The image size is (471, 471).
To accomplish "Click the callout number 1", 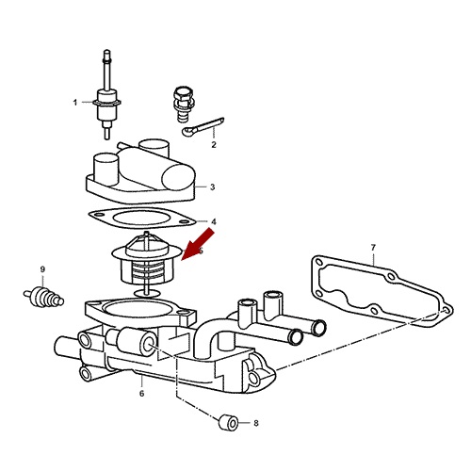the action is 75,103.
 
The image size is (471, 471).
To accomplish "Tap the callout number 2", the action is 214,145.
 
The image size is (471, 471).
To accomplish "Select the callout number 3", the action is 213,187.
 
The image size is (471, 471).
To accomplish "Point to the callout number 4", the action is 214,221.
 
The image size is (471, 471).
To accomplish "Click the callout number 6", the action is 142,393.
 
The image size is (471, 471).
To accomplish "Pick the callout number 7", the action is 373,248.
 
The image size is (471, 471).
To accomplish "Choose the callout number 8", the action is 256,423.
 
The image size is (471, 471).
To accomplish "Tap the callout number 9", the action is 42,269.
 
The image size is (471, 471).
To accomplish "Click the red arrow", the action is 198,245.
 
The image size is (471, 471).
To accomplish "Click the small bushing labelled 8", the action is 228,423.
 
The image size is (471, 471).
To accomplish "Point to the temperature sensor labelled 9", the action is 43,297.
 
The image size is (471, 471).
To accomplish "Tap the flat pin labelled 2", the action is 203,126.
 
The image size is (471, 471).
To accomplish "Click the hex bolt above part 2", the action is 183,105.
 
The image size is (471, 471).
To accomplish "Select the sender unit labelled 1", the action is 107,94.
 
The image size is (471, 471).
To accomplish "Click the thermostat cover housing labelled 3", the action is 140,172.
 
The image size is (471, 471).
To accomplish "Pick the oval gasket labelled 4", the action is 142,218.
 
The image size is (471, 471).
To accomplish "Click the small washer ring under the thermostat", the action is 147,294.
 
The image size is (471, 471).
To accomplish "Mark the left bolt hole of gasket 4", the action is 99,215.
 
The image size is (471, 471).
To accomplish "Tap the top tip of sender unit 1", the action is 107,50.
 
